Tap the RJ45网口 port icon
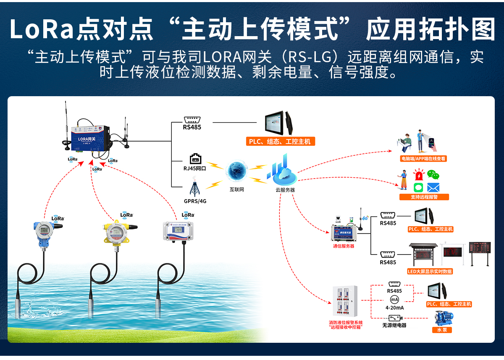195,159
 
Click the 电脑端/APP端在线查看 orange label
423,159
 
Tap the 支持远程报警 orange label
424,197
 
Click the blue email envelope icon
433,187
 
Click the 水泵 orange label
442,330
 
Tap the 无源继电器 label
394,325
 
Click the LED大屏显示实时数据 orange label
430,271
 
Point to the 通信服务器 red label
344,246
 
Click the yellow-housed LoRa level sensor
115,233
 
